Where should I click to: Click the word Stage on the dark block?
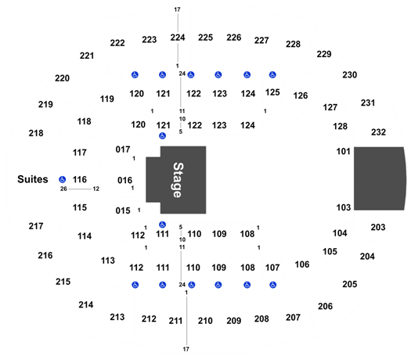(x=178, y=180)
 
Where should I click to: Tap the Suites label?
(x=33, y=179)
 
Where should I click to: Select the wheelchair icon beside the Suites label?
(x=62, y=179)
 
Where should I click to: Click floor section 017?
(x=123, y=149)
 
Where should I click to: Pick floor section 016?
(x=124, y=180)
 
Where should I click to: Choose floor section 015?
(x=123, y=211)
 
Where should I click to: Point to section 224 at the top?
(x=178, y=38)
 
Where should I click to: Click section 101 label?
(x=344, y=152)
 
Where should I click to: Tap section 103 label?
(x=344, y=207)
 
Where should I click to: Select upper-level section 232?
(x=378, y=132)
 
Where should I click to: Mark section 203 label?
(x=378, y=227)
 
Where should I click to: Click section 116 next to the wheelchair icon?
(x=80, y=179)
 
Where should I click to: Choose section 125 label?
(x=272, y=92)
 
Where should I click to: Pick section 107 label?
(x=272, y=268)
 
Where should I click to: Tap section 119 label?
(x=107, y=99)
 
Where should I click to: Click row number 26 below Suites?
(x=63, y=189)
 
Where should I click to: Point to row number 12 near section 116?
(x=96, y=189)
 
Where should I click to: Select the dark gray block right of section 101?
(x=379, y=178)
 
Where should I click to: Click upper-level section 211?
(x=175, y=321)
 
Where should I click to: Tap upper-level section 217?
(x=36, y=226)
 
